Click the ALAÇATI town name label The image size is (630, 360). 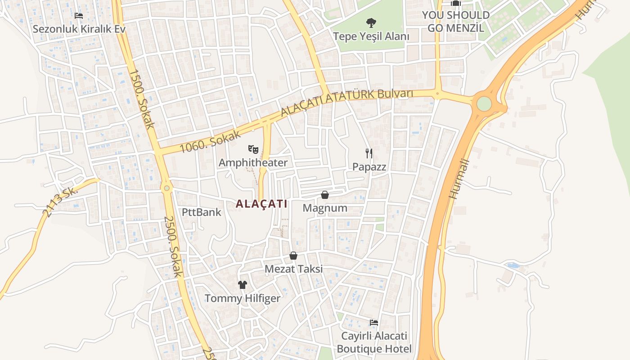click(x=261, y=204)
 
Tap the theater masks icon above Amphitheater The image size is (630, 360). click(x=253, y=148)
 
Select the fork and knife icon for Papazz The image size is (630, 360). click(x=369, y=153)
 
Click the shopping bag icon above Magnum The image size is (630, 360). click(x=325, y=195)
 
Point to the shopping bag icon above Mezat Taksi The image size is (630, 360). click(x=293, y=256)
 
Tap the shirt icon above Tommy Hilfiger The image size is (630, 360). click(x=243, y=284)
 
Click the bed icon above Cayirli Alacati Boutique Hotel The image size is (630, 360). click(x=373, y=323)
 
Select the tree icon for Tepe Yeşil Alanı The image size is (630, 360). click(x=371, y=22)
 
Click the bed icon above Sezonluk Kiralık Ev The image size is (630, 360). click(x=79, y=16)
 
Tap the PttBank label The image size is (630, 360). click(x=202, y=212)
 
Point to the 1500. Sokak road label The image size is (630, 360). click(x=142, y=98)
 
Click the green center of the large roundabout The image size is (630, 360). click(x=484, y=103)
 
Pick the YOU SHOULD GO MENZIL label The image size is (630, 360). click(x=455, y=21)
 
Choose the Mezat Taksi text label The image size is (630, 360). click(x=293, y=269)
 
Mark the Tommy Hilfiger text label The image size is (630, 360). click(x=243, y=298)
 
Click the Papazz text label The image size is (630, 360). click(x=369, y=166)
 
